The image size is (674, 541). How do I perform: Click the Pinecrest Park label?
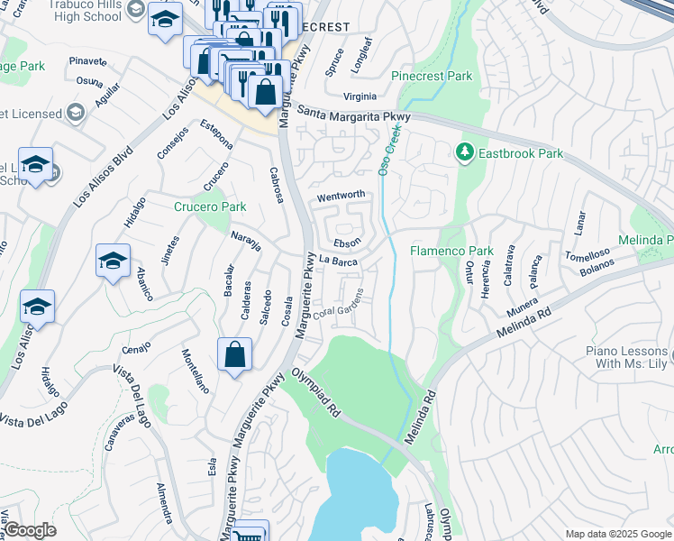(x=433, y=77)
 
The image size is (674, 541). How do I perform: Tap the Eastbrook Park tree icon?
(x=466, y=153)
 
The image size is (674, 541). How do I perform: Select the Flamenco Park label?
(x=452, y=251)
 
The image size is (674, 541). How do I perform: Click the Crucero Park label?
(x=210, y=206)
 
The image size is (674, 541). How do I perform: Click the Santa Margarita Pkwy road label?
(x=353, y=115)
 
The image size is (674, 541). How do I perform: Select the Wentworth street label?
(x=341, y=196)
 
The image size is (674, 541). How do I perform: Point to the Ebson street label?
(x=347, y=243)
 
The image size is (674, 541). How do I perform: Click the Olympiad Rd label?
(x=314, y=394)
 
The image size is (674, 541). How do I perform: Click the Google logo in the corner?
(x=30, y=530)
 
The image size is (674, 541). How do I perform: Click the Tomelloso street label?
(x=587, y=254)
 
